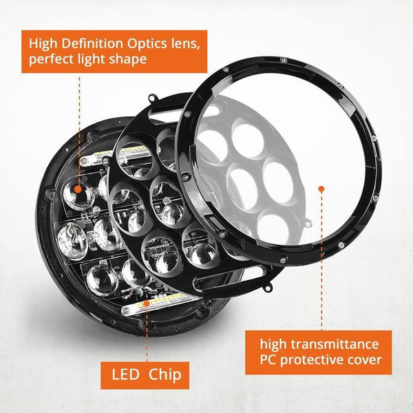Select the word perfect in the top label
[x=51, y=60]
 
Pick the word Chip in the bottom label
[x=165, y=375]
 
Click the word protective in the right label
[x=313, y=359]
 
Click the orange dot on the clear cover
[x=319, y=187]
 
